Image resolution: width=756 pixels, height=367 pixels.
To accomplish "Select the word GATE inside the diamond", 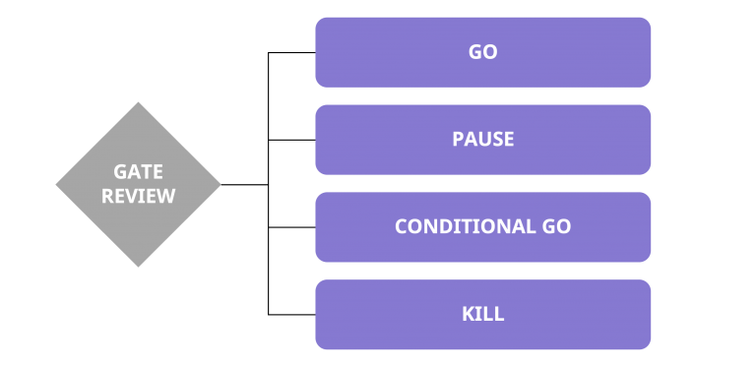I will coord(138,172).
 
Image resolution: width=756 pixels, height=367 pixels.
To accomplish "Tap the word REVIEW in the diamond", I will coord(138,196).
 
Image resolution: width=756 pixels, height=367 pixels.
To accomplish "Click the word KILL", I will coord(482,315).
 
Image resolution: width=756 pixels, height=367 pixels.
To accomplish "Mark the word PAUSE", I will coord(482,140).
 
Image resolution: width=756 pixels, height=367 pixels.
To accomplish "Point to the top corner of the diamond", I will coord(138,103).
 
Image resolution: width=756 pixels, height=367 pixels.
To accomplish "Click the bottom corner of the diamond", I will coord(138,266).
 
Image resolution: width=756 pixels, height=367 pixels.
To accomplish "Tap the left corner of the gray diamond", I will coord(57,184).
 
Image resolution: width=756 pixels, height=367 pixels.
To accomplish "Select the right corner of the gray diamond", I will coord(220,184).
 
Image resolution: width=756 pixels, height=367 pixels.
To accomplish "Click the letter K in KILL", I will coord(468,315).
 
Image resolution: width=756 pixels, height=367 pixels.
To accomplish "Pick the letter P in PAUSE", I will coord(458,140).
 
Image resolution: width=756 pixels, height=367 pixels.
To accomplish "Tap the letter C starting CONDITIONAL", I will coord(401,227).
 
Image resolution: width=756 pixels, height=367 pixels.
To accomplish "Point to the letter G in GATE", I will coord(119,172).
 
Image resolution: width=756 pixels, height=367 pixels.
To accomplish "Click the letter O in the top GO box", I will coord(490,52).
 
